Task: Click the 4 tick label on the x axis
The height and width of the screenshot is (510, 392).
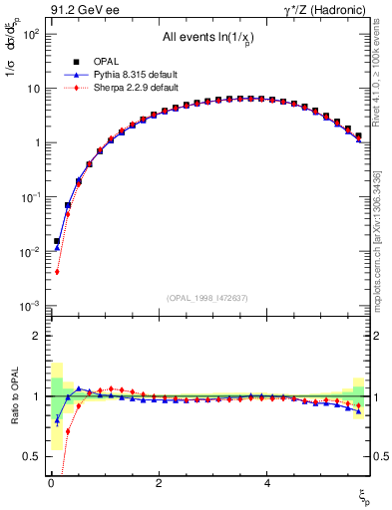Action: (x=266, y=484)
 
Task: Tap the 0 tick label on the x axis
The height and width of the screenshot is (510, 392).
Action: (x=51, y=484)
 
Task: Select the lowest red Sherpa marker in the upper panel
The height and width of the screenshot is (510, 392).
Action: (x=58, y=272)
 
